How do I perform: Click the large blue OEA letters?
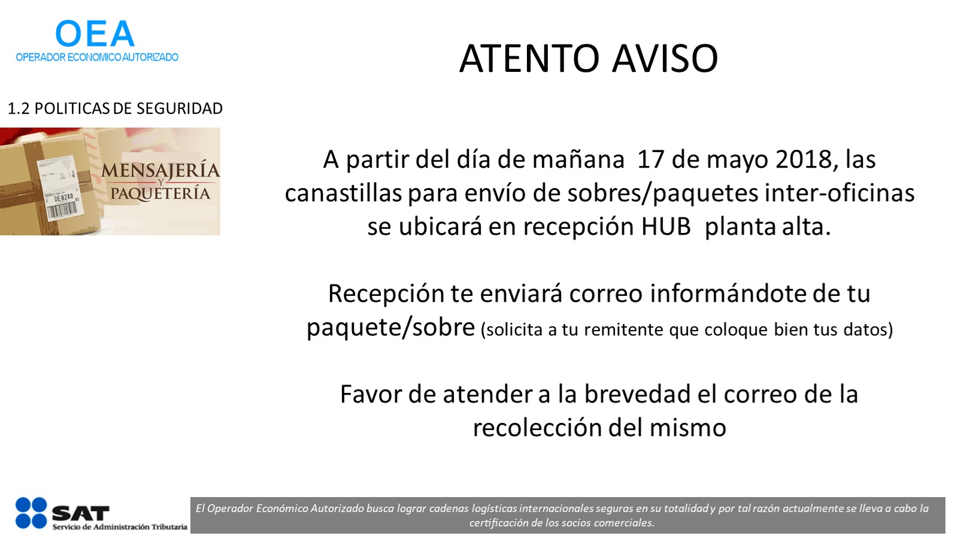coord(95,34)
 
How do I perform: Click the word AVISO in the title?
coord(665,58)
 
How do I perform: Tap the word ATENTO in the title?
coord(529,58)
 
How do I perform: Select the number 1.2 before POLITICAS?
coord(19,108)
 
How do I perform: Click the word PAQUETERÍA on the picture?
coord(160,193)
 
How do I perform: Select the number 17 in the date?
coord(651,159)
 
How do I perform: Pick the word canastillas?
coord(344,193)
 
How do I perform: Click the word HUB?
coord(666,226)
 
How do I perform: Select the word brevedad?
coord(637,394)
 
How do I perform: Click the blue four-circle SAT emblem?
coord(31,513)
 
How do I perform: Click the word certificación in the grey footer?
coord(498,523)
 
